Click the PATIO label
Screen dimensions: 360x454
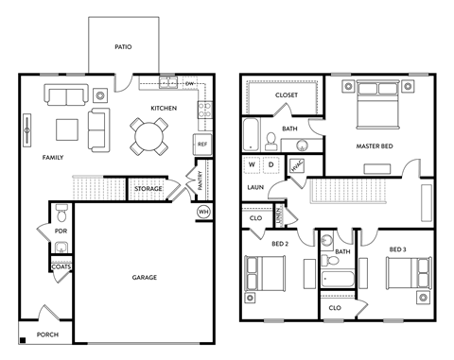click(x=122, y=46)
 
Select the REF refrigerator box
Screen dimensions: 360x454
click(x=201, y=144)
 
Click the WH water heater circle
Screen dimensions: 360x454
click(x=202, y=212)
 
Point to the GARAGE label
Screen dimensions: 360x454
click(x=144, y=277)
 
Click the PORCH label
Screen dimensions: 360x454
click(x=47, y=334)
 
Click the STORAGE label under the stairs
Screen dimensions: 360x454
click(x=148, y=190)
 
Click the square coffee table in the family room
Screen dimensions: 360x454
click(x=67, y=129)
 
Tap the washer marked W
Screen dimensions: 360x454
click(x=253, y=164)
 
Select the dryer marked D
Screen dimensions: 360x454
click(x=271, y=164)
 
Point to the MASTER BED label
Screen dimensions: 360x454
click(x=375, y=146)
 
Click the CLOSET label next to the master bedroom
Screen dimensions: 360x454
click(x=287, y=95)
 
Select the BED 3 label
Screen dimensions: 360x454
click(x=397, y=249)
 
